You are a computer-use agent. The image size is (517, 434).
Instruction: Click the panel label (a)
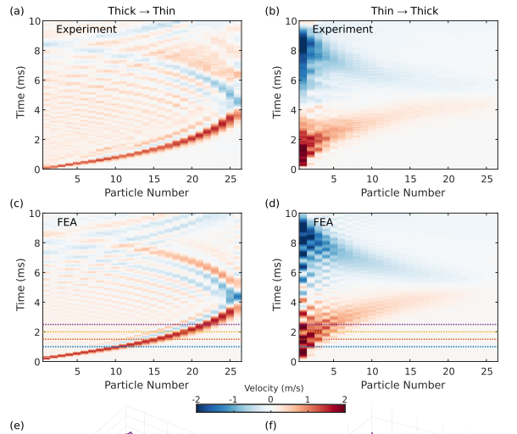click(14, 10)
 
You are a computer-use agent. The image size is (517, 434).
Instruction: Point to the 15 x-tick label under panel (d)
click(409, 370)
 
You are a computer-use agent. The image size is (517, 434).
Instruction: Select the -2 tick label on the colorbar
click(197, 398)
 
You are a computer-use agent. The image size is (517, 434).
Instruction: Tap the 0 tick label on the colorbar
click(270, 398)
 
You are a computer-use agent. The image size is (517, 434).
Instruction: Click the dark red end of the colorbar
click(340, 408)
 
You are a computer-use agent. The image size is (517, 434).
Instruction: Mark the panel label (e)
click(14, 426)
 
